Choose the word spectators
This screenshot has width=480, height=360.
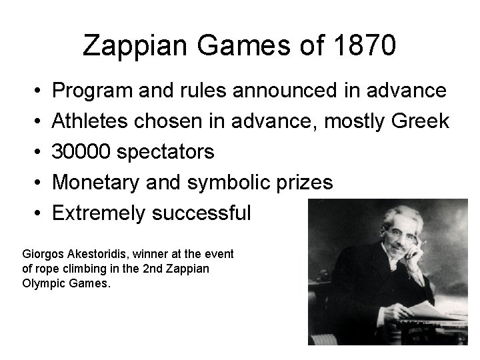tap(165, 152)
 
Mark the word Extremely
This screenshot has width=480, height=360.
tap(97, 213)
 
